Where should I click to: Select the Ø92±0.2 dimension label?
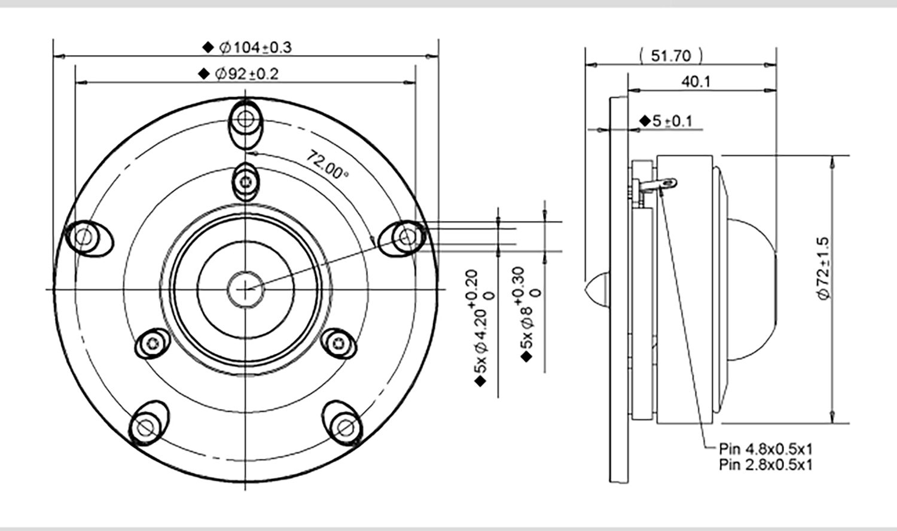click(x=246, y=74)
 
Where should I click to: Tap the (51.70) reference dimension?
click(x=670, y=56)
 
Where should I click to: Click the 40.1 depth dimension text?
click(x=696, y=81)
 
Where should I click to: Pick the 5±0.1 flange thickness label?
click(x=672, y=121)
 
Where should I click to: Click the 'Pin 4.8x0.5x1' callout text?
click(x=765, y=448)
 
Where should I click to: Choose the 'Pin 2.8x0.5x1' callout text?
click(x=765, y=465)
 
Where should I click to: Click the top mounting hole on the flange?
click(x=244, y=120)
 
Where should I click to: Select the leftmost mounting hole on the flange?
click(x=84, y=238)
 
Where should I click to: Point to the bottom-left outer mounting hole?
click(x=144, y=427)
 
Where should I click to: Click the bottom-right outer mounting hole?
click(x=344, y=427)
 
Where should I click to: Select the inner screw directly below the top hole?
click(x=245, y=181)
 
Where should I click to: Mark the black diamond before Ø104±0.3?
click(x=208, y=47)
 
